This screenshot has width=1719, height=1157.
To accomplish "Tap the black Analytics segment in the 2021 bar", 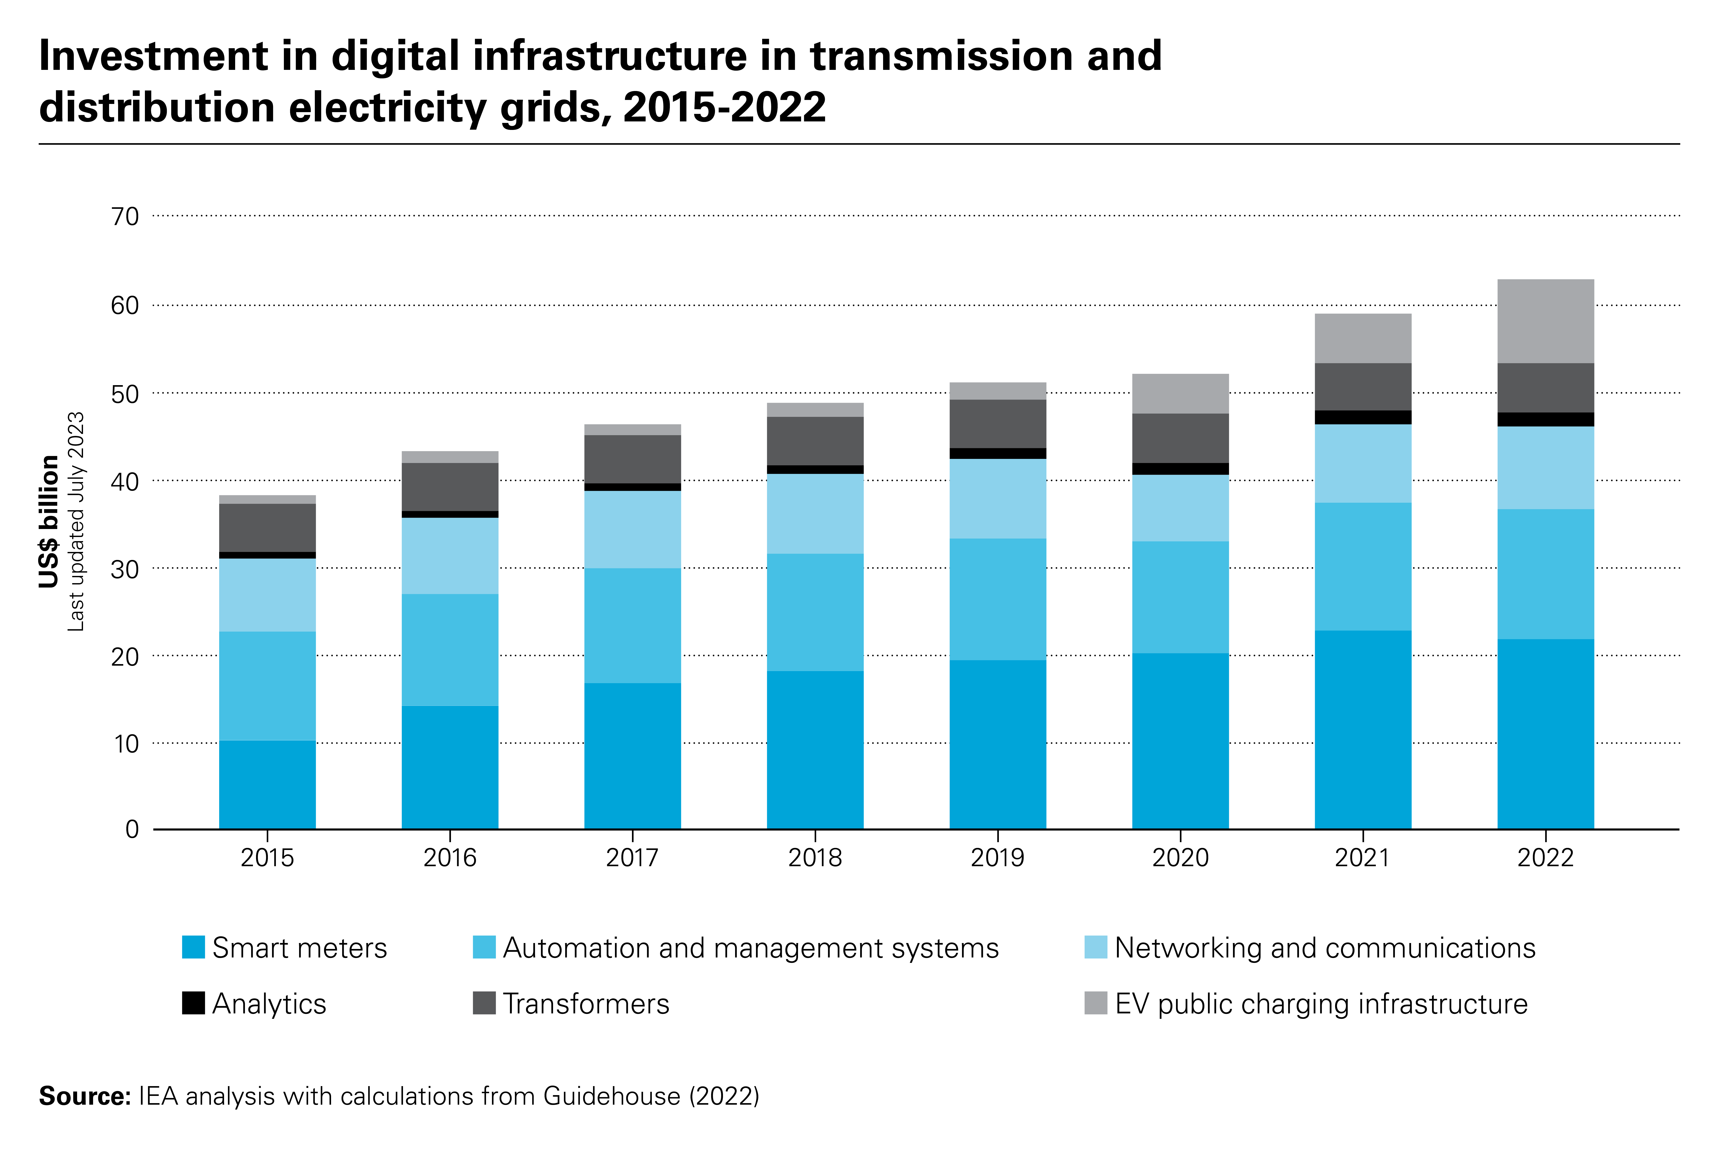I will pos(1363,418).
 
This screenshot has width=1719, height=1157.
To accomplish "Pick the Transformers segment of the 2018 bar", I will pos(815,441).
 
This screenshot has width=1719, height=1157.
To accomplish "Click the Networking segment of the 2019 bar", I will pos(998,499).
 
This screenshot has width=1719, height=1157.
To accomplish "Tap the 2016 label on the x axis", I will pos(449,857).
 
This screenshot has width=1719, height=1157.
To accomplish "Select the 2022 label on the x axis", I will pos(1545,857).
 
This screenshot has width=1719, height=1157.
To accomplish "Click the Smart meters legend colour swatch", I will pos(193,947).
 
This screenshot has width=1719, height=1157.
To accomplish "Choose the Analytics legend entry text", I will pos(269,1004).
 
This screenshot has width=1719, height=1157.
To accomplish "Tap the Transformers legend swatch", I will pos(484,1004).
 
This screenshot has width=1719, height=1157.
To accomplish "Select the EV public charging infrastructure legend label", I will pos(1321,1004).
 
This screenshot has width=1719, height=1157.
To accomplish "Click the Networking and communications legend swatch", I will pos(1096,947).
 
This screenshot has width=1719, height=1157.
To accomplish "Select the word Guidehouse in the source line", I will pos(612,1096).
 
